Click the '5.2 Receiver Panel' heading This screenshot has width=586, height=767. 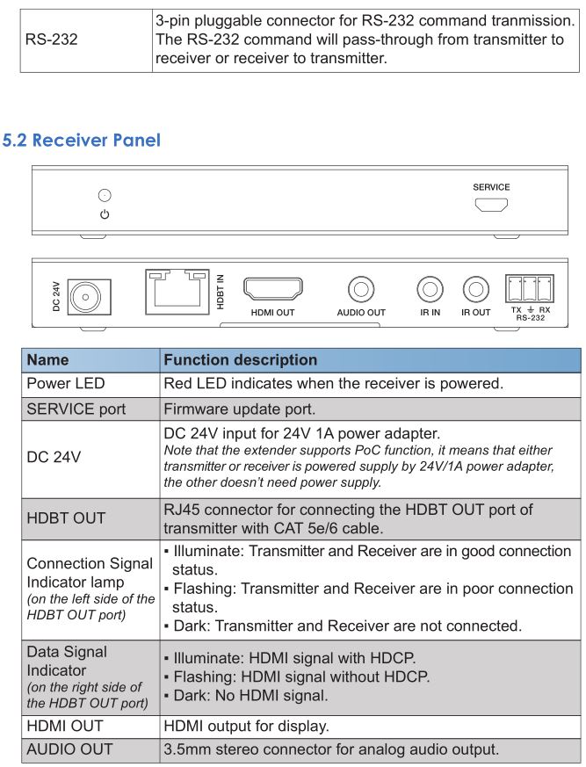pos(82,141)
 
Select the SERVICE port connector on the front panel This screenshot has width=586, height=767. pos(491,206)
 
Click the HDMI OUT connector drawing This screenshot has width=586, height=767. pos(272,290)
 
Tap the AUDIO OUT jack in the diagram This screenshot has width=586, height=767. pos(361,288)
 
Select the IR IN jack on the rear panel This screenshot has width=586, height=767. pos(430,288)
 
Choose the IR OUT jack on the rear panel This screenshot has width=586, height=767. pos(475,288)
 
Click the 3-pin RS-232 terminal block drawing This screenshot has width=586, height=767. pos(531,288)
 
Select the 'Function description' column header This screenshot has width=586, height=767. pos(240,359)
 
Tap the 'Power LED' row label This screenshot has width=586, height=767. pos(70,384)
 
